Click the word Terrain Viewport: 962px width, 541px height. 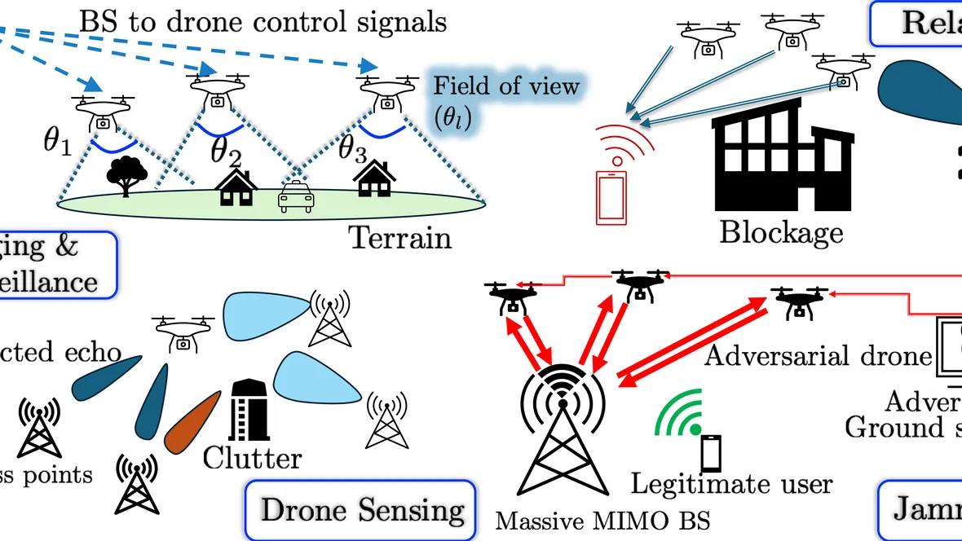pyautogui.click(x=399, y=238)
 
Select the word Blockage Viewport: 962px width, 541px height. pyautogui.click(x=780, y=232)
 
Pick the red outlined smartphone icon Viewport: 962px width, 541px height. pyautogui.click(x=612, y=196)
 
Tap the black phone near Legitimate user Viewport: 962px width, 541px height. pyautogui.click(x=711, y=452)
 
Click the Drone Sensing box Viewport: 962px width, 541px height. pyautogui.click(x=360, y=510)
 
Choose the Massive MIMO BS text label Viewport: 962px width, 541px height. pyautogui.click(x=602, y=520)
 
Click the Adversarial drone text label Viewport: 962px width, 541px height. pyautogui.click(x=817, y=356)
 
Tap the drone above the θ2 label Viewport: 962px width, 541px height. pyautogui.click(x=218, y=90)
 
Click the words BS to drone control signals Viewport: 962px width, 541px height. pyautogui.click(x=263, y=20)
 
